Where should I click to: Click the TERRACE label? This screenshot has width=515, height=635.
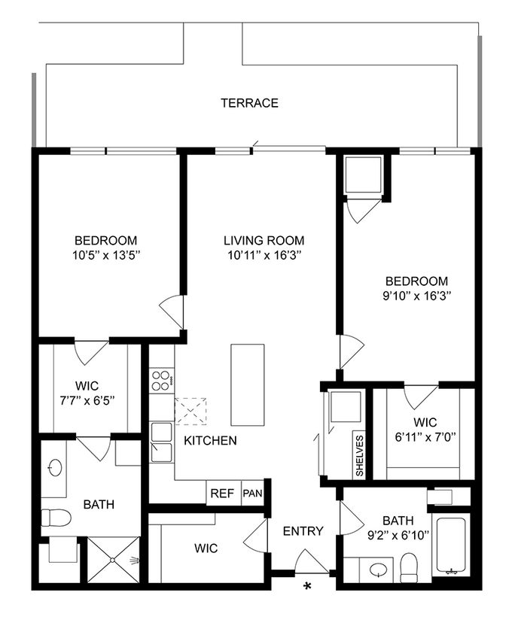pyautogui.click(x=249, y=103)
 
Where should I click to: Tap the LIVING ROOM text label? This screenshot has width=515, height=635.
pyautogui.click(x=264, y=241)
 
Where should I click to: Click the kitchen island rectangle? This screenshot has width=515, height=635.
pyautogui.click(x=248, y=384)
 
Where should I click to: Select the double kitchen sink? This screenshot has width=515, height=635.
pyautogui.click(x=160, y=442)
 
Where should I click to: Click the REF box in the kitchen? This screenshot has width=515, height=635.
pyautogui.click(x=222, y=494)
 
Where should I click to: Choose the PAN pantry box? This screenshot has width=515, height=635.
pyautogui.click(x=251, y=494)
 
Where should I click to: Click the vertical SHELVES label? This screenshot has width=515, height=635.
pyautogui.click(x=359, y=456)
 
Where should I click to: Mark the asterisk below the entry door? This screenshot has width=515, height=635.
pyautogui.click(x=307, y=586)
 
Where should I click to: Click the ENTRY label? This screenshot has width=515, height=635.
pyautogui.click(x=303, y=531)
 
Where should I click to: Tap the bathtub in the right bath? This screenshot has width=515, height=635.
pyautogui.click(x=452, y=545)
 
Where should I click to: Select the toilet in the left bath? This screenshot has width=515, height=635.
pyautogui.click(x=56, y=518)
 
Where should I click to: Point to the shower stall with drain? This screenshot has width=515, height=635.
pyautogui.click(x=114, y=559)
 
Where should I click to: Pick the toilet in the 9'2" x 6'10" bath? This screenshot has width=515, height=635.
pyautogui.click(x=410, y=567)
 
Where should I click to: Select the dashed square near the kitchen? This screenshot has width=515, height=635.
pyautogui.click(x=190, y=412)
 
